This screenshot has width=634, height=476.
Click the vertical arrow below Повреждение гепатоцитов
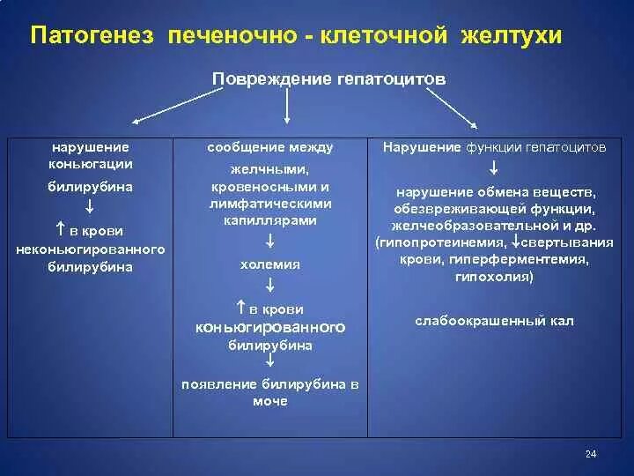(x=287, y=107)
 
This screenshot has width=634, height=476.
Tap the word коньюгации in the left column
(x=91, y=163)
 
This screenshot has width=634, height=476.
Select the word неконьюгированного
(x=91, y=249)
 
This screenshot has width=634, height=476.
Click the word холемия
(x=270, y=264)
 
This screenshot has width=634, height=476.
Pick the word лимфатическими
(x=270, y=204)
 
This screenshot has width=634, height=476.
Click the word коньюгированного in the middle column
(x=270, y=327)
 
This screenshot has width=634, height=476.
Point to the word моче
(x=270, y=401)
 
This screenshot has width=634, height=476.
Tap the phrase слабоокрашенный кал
(x=494, y=321)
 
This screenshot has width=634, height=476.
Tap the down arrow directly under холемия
(x=270, y=285)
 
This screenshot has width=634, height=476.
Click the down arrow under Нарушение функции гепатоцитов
(x=494, y=167)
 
